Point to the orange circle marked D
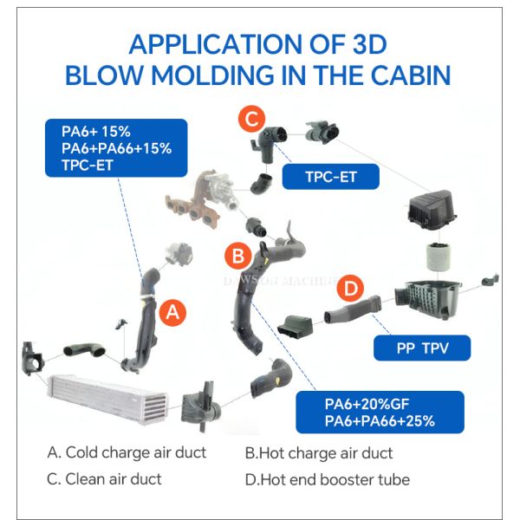(349, 288)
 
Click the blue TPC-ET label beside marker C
(331, 177)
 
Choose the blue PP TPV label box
(421, 348)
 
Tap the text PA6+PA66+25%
(380, 421)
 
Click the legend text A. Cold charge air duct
(128, 452)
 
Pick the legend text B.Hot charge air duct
(318, 452)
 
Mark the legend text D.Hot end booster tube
(327, 478)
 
